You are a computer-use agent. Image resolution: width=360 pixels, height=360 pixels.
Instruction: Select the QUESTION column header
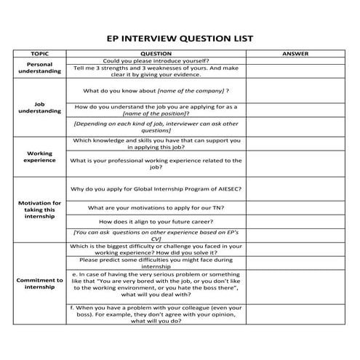[x=156, y=54]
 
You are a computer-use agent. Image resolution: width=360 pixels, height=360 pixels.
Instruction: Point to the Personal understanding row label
[x=40, y=68]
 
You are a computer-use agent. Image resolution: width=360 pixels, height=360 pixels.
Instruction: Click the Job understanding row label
[x=40, y=108]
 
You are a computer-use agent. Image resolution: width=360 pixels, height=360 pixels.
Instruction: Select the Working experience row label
[x=40, y=156]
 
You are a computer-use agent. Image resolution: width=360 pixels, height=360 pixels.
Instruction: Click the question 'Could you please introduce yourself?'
[x=156, y=60]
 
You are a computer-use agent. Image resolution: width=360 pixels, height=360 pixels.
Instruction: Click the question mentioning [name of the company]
[x=156, y=91]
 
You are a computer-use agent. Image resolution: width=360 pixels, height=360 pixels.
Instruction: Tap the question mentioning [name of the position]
[x=156, y=110]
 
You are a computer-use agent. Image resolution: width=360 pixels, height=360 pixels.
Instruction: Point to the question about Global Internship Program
[x=156, y=188]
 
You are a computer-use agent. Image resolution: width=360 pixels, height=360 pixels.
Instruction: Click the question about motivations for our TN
[x=156, y=207]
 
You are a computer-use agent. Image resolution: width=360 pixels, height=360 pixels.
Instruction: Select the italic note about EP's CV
[x=156, y=236]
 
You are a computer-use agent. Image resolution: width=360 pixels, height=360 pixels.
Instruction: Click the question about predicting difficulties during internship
[x=156, y=263]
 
